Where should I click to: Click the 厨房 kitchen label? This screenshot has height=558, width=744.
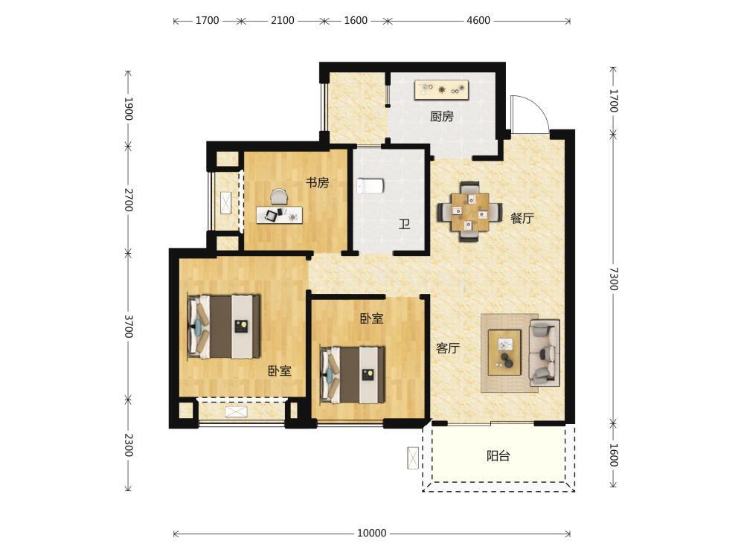coord(442,116)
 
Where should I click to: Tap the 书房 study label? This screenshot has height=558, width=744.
coord(317,183)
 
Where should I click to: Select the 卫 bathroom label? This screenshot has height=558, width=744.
coord(404,223)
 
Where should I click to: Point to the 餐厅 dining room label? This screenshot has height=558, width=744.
coord(522,218)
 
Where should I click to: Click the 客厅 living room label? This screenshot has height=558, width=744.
coord(448,348)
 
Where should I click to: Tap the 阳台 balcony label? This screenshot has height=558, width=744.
coord(498,456)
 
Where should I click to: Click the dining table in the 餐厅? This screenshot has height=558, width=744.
coord(469,211)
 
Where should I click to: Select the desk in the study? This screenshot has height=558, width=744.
coord(280,215)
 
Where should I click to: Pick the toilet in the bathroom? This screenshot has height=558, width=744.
coord(370,185)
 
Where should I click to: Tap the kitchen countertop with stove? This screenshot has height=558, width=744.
coord(442,90)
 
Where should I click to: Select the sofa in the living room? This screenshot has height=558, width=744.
coord(545,353)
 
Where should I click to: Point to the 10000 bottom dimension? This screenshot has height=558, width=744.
coord(371,533)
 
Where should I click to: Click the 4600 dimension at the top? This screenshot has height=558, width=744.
coord(478,20)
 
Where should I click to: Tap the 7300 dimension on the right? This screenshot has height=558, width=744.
coord(614,279)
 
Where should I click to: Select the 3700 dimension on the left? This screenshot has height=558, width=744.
coord(128,327)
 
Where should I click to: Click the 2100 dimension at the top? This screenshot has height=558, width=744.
coord(282,20)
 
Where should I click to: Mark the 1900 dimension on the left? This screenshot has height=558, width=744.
coord(128,109)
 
